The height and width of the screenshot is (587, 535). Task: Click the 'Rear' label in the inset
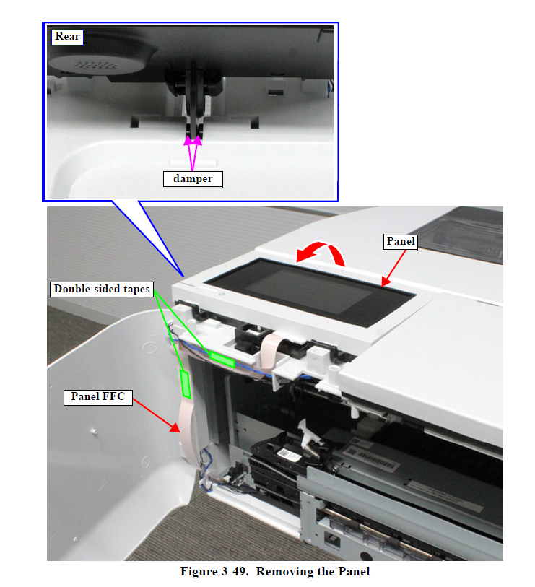[67, 37]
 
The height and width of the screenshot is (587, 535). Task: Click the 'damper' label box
[193, 178]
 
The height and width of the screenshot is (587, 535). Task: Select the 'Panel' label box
[400, 242]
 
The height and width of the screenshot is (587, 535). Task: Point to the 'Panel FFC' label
[99, 396]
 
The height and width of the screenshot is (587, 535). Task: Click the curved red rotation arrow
[323, 254]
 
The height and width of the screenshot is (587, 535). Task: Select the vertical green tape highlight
[185, 383]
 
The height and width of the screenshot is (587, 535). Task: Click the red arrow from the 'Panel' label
[399, 272]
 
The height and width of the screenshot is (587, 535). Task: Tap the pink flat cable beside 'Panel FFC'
[186, 426]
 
